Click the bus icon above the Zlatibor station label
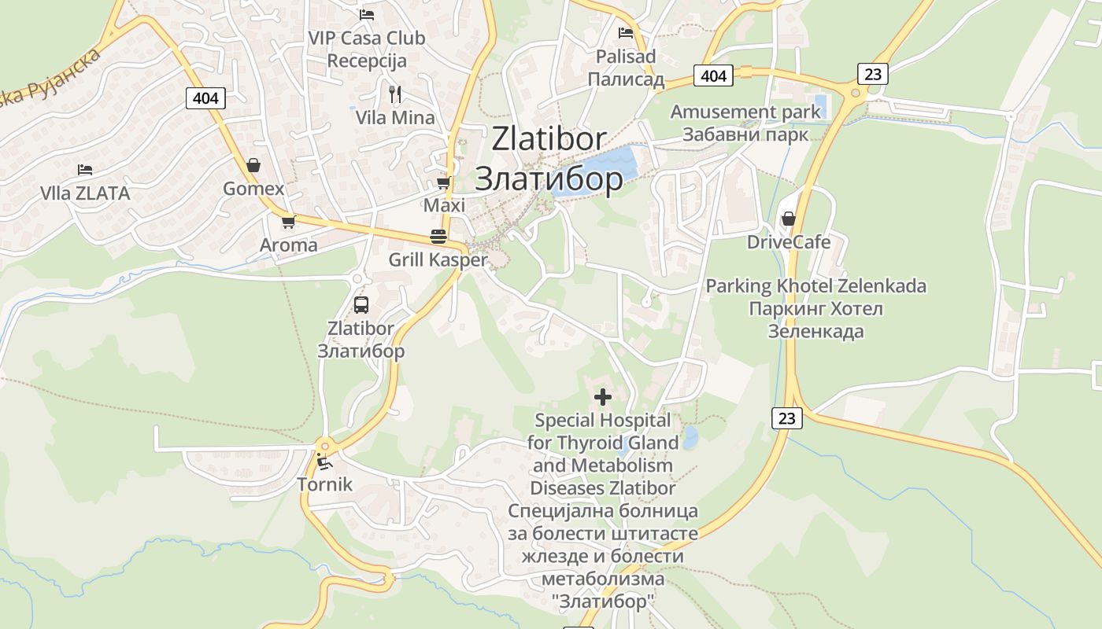[x=361, y=305]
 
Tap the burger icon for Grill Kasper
[x=438, y=237]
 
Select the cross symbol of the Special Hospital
[x=603, y=397]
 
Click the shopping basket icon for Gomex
[x=253, y=165]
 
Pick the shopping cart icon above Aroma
[x=288, y=222]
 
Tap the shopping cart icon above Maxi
[x=443, y=182]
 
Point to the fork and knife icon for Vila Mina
[x=395, y=94]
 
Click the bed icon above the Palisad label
[x=626, y=33]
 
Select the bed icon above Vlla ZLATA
[x=85, y=170]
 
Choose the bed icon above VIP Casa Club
[x=367, y=14]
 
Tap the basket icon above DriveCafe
[x=788, y=219]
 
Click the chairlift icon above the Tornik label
[x=324, y=461]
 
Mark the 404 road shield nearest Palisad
[x=713, y=75]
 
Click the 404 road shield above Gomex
[x=206, y=98]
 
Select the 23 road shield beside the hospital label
[x=787, y=418]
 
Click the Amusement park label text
[x=745, y=112]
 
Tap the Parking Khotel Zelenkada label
[x=815, y=286]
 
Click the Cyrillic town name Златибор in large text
[x=549, y=179]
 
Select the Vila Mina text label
[x=395, y=118]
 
